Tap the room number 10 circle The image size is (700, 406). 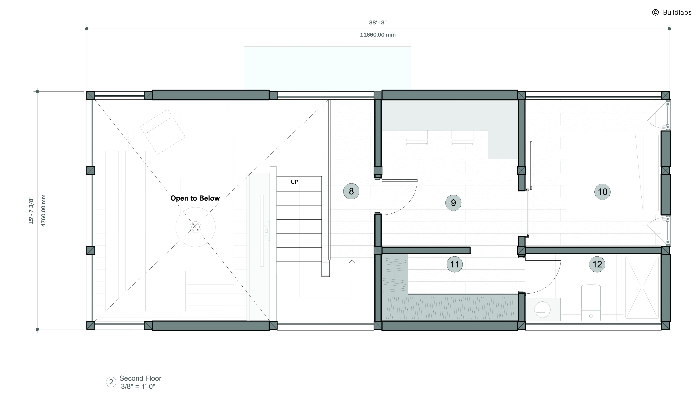click(602, 192)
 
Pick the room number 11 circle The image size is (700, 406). click(454, 264)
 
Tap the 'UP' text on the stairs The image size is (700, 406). click(294, 182)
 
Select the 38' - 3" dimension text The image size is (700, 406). click(378, 22)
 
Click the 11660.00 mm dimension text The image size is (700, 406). click(378, 35)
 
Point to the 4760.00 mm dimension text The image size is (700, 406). click(43, 210)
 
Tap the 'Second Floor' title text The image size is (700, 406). click(140, 378)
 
